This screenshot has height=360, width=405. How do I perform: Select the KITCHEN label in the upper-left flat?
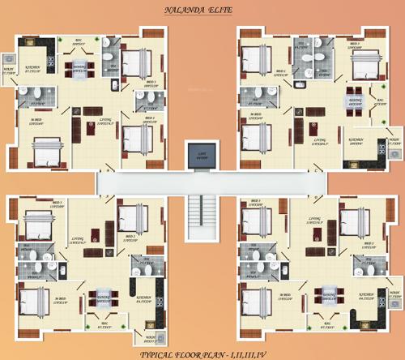tap(33, 70)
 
